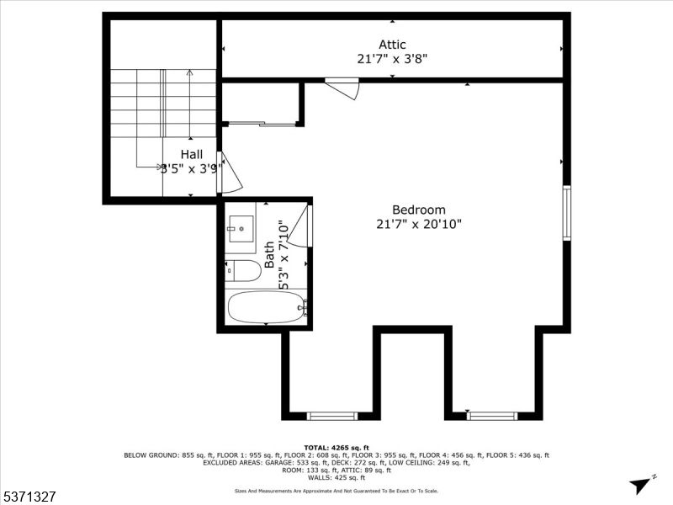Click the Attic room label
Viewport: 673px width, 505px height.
click(x=392, y=45)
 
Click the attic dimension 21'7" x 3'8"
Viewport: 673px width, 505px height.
click(x=392, y=59)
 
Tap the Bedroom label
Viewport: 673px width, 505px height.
click(x=418, y=210)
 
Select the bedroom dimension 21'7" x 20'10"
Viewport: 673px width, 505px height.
click(x=418, y=224)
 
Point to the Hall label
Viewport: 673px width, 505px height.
click(x=192, y=154)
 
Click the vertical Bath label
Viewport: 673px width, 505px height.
click(x=269, y=254)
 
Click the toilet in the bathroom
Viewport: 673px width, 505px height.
click(x=243, y=270)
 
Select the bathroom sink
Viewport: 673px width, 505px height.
click(x=241, y=227)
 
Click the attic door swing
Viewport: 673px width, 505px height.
click(x=345, y=88)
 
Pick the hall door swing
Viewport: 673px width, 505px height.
click(x=231, y=174)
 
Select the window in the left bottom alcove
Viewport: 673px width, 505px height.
click(x=332, y=415)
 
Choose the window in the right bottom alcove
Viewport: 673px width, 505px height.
click(x=492, y=415)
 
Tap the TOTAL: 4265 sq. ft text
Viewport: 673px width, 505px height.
click(x=336, y=447)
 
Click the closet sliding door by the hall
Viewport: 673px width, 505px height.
click(x=262, y=125)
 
